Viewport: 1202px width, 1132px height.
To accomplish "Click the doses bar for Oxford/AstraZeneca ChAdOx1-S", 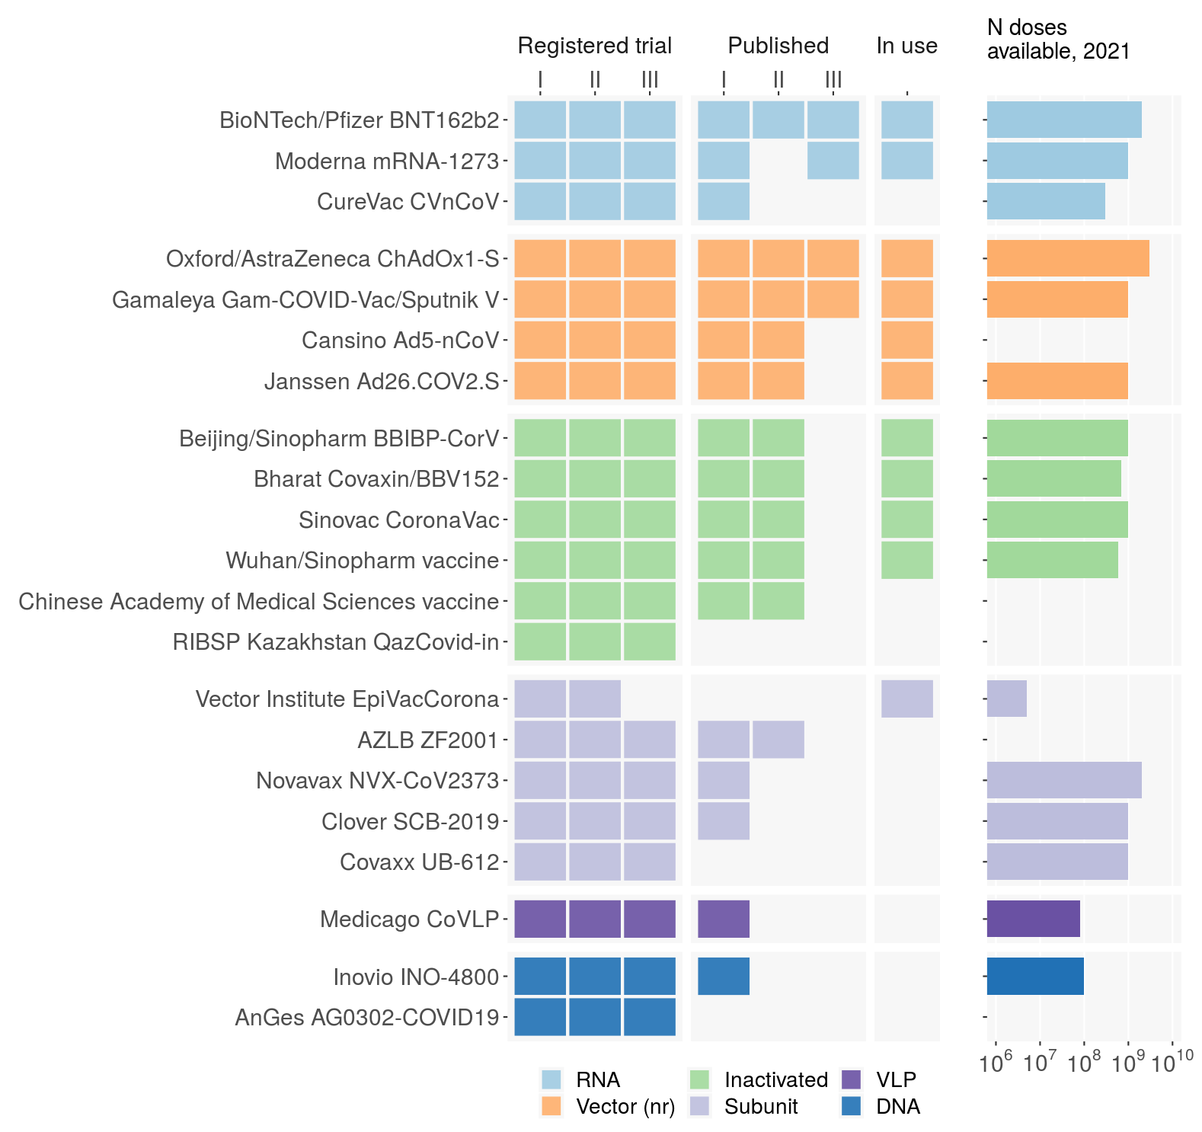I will tap(1067, 258).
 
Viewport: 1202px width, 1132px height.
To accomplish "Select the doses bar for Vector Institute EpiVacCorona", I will tap(1006, 699).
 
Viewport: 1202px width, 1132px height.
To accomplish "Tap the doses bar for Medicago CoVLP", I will tap(1033, 919).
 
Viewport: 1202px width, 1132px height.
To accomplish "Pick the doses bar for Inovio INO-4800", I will tap(1035, 977).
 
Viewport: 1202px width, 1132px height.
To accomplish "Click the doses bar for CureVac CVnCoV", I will tap(1046, 201).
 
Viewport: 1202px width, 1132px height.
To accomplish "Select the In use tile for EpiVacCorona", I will tap(906, 699).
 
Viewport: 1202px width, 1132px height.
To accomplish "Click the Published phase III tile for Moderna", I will tap(833, 161).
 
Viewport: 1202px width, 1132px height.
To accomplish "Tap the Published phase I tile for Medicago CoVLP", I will tap(724, 919).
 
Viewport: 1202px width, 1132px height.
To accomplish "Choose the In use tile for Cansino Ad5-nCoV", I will tap(906, 340).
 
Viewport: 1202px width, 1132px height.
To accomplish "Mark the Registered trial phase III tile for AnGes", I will tap(650, 1017).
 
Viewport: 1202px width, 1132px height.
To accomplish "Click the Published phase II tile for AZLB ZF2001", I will tap(778, 740).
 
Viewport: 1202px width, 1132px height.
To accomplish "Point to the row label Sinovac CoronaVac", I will tap(398, 520).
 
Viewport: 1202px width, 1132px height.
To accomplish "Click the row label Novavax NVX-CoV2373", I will tap(377, 781).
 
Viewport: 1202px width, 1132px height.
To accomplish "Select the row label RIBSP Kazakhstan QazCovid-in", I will tap(335, 642).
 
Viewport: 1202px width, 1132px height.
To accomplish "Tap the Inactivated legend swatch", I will tap(699, 1080).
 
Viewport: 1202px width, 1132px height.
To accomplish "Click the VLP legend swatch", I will tap(852, 1080).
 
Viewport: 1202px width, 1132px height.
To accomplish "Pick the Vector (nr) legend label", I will tap(625, 1107).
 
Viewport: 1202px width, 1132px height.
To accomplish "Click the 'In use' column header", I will tap(906, 46).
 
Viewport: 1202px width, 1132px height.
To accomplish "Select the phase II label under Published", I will tap(778, 79).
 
